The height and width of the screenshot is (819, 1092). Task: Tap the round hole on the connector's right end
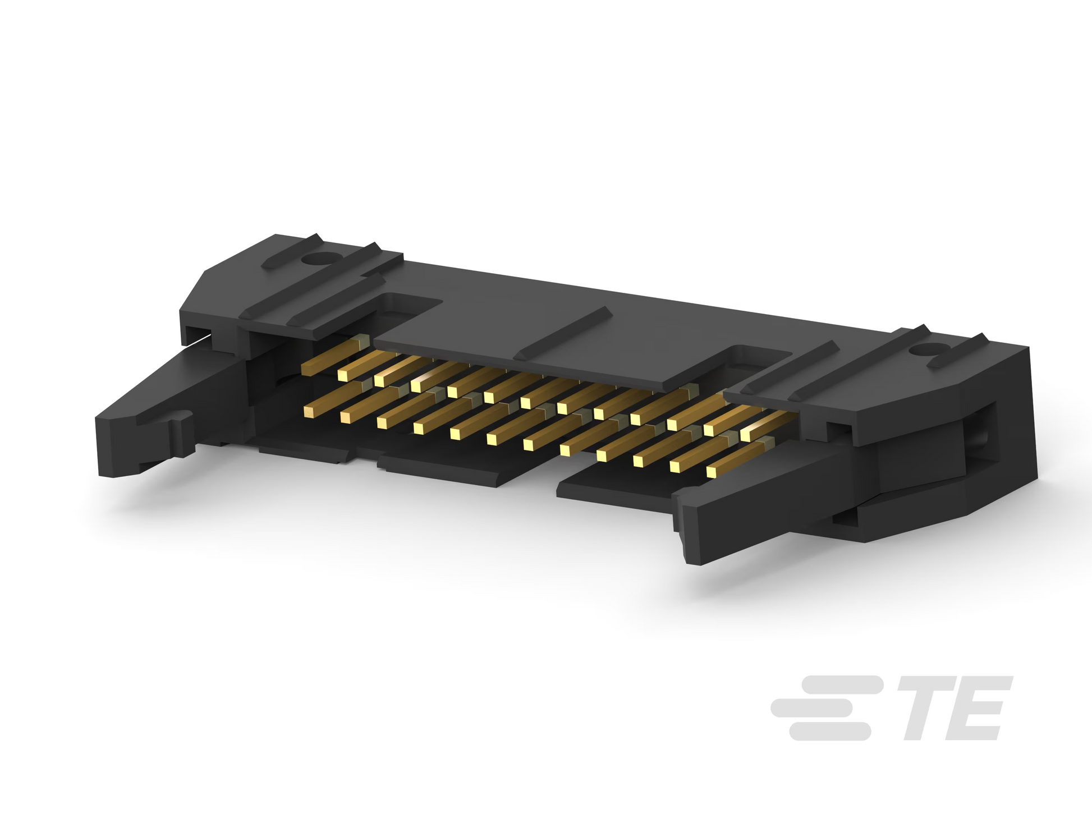point(921,352)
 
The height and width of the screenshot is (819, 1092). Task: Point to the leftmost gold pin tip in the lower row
point(309,412)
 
